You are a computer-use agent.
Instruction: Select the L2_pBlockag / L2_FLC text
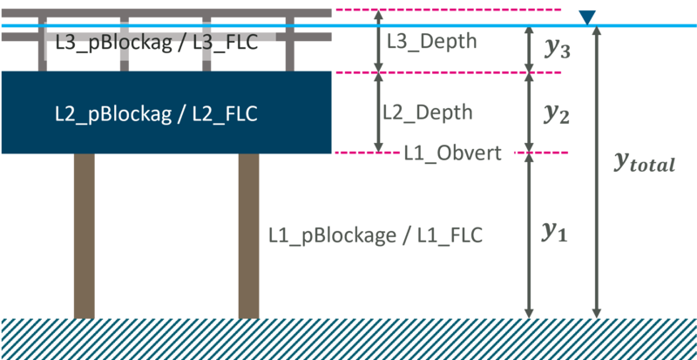(156, 113)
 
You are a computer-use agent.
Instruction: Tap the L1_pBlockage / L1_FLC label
(376, 234)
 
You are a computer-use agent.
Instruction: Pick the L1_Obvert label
(452, 153)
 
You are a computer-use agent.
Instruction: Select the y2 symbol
(557, 112)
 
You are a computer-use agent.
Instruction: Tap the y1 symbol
(555, 232)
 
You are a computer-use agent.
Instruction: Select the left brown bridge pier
(84, 235)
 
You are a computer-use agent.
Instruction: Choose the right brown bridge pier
(248, 235)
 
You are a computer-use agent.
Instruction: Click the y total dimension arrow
(596, 244)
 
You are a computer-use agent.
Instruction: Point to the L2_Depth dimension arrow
(378, 112)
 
